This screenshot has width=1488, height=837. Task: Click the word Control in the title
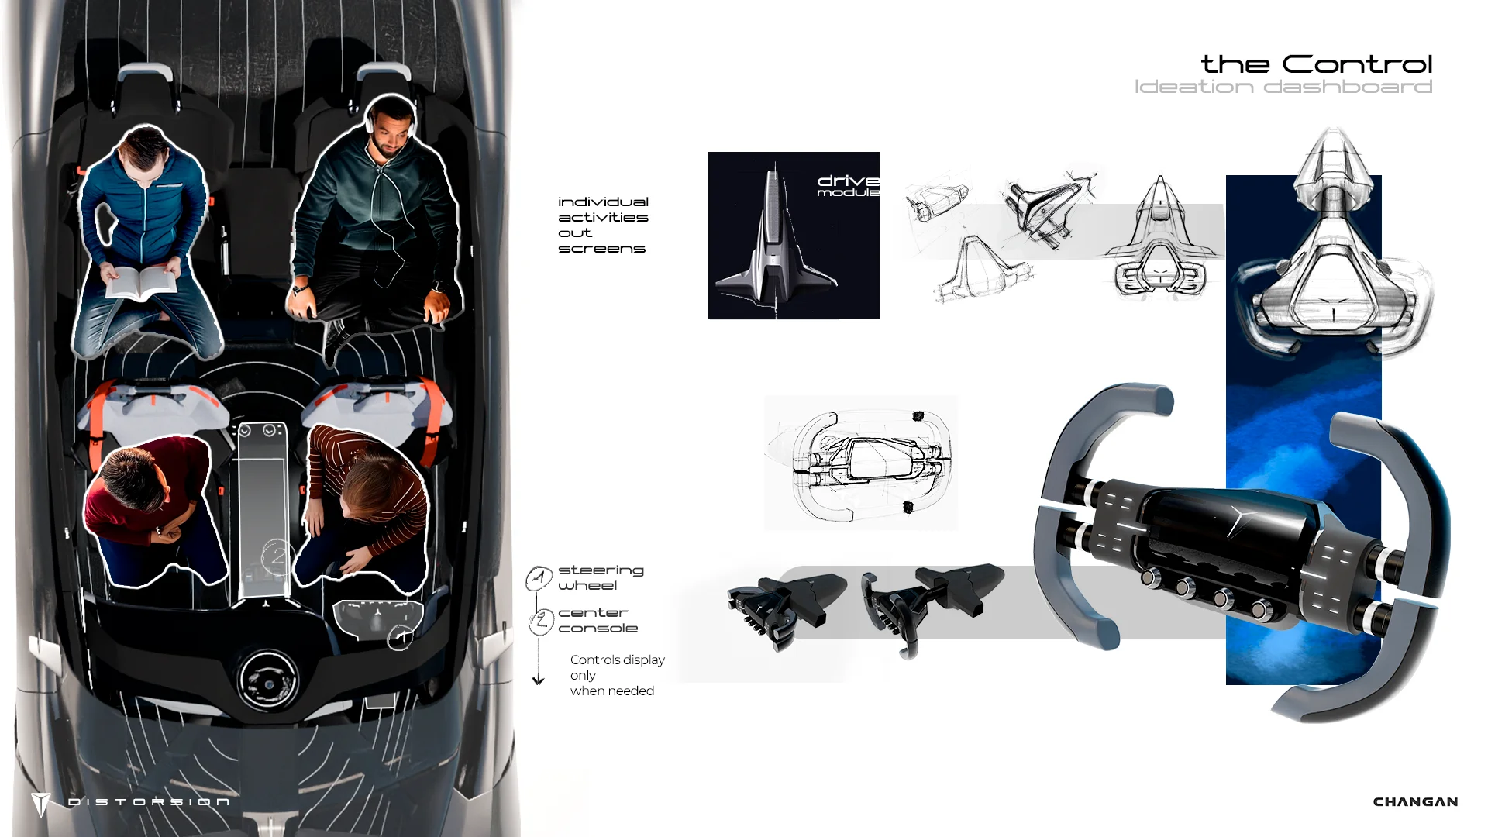click(x=1357, y=64)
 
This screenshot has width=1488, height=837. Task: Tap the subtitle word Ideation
click(x=1193, y=87)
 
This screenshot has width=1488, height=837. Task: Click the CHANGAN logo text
click(x=1415, y=801)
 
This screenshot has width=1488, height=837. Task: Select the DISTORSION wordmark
click(x=148, y=801)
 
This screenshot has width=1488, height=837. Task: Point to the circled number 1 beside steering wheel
click(x=539, y=578)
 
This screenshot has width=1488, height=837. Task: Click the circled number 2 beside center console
click(x=541, y=621)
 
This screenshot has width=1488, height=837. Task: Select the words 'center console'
click(x=598, y=620)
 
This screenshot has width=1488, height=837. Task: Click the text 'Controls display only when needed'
click(x=617, y=675)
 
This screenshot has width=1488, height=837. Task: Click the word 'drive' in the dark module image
click(x=848, y=181)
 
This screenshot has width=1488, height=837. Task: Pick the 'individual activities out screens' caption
click(x=603, y=225)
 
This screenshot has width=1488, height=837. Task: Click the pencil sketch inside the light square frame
click(x=861, y=463)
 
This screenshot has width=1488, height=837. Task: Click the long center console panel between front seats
click(x=264, y=511)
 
